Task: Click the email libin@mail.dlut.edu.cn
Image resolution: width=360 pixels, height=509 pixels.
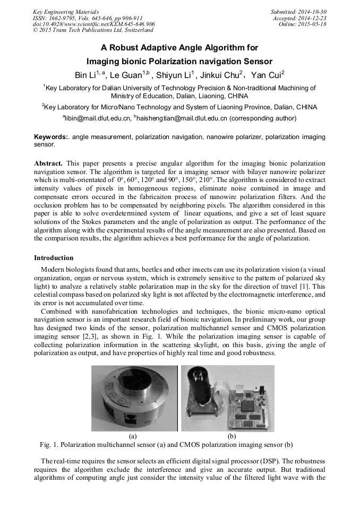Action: pos(97,118)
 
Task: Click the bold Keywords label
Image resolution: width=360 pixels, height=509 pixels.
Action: pos(51,137)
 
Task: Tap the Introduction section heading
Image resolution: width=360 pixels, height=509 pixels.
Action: pos(54,258)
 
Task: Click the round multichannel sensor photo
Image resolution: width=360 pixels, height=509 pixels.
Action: pos(133,398)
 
